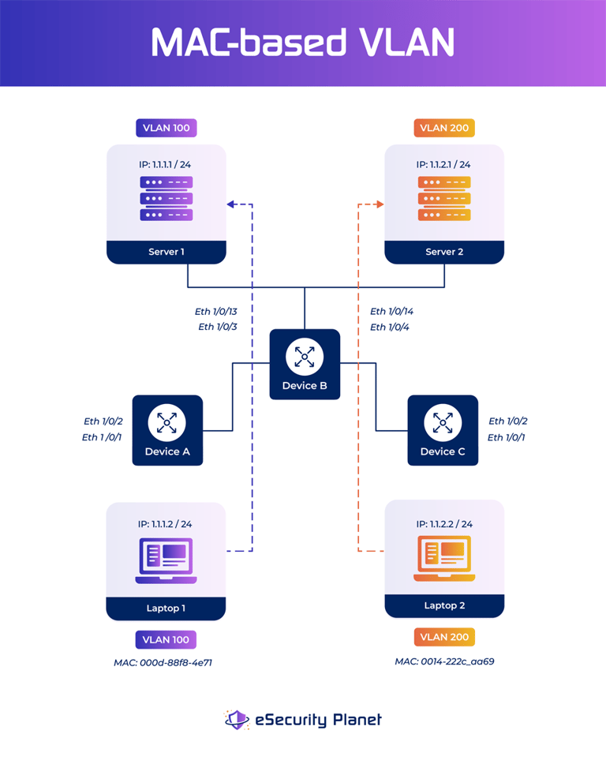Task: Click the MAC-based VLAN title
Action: point(303,43)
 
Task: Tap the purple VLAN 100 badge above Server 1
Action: point(166,128)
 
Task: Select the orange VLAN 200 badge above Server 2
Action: point(443,128)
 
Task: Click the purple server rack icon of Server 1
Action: point(166,198)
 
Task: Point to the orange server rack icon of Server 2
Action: point(444,198)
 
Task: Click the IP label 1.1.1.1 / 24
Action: point(166,165)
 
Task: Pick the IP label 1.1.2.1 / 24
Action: point(443,165)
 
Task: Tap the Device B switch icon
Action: point(305,356)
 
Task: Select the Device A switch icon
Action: point(167,422)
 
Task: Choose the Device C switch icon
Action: point(443,422)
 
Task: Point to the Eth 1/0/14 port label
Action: point(392,312)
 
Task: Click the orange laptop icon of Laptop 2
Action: point(443,559)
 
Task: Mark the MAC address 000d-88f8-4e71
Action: point(163,663)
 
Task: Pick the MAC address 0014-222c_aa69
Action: point(444,661)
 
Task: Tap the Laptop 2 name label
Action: point(443,605)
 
